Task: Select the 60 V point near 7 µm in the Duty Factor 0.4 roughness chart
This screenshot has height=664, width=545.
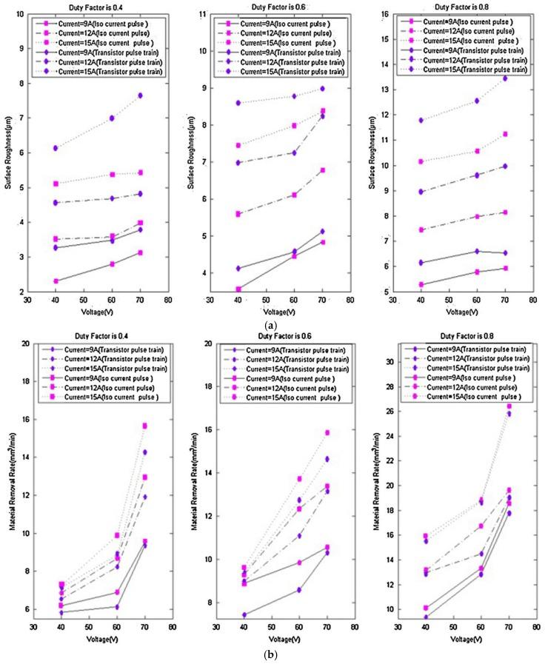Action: tap(112, 118)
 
